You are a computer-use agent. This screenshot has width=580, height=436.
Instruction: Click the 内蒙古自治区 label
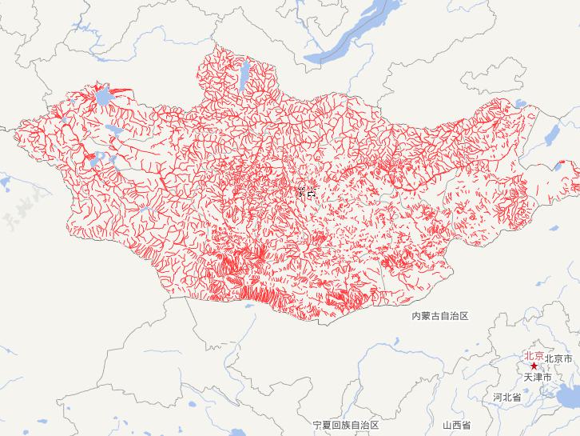click(x=439, y=316)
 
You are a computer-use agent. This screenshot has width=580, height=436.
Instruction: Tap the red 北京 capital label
click(x=534, y=356)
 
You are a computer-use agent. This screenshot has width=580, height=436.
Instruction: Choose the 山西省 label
click(x=456, y=424)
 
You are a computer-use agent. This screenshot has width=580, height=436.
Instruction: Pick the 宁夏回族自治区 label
click(x=345, y=424)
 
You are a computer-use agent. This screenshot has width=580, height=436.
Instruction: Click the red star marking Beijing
click(x=534, y=366)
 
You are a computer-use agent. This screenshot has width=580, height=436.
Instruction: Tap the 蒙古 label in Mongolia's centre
click(x=306, y=191)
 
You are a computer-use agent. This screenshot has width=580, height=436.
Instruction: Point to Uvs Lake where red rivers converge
click(x=102, y=98)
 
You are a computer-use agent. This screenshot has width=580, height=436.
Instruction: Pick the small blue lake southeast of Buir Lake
click(x=554, y=227)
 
